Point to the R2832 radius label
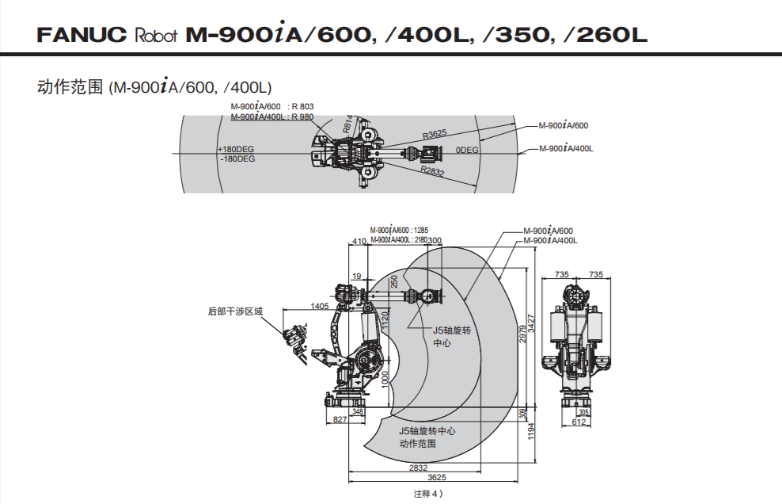click(433, 170)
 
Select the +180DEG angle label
click(237, 149)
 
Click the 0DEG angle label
click(467, 150)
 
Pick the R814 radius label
click(348, 124)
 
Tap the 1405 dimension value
click(320, 305)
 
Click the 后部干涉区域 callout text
click(234, 311)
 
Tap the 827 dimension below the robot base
click(339, 420)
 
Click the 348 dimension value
click(358, 412)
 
